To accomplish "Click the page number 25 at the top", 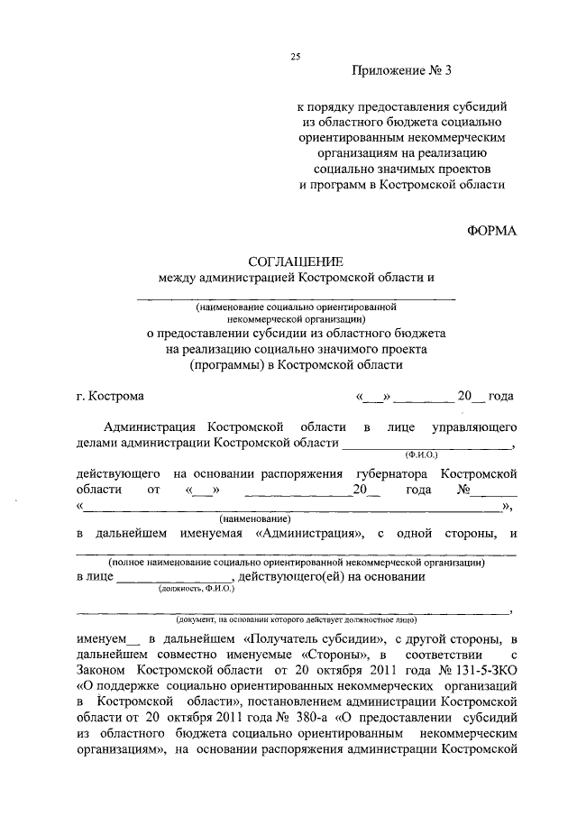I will pos(295,57).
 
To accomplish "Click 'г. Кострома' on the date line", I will pos(110,396).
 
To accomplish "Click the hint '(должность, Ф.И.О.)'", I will pos(196,588).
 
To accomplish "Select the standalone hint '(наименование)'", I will pos(255,519).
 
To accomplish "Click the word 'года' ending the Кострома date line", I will pos(501,396).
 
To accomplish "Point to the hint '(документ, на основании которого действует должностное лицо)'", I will pos(295,620).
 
